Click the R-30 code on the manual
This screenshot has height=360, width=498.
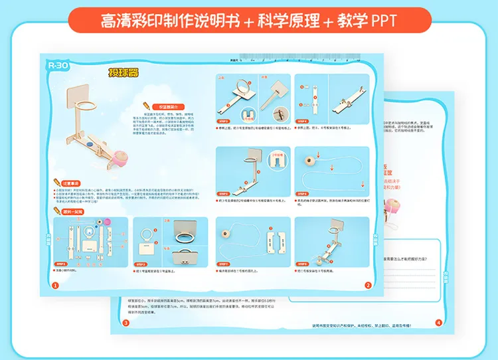pyautogui.click(x=55, y=65)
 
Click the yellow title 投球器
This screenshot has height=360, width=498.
pyautogui.click(x=124, y=73)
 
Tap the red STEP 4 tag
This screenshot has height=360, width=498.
pyautogui.click(x=302, y=122)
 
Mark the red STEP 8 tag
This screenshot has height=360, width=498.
pyautogui.click(x=302, y=263)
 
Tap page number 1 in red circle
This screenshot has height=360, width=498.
pyautogui.click(x=55, y=286)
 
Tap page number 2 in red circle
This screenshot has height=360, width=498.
pyautogui.click(x=367, y=286)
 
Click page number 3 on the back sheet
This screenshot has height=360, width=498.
pyautogui.click(x=125, y=323)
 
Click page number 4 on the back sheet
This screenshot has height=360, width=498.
pyautogui.click(x=438, y=323)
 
